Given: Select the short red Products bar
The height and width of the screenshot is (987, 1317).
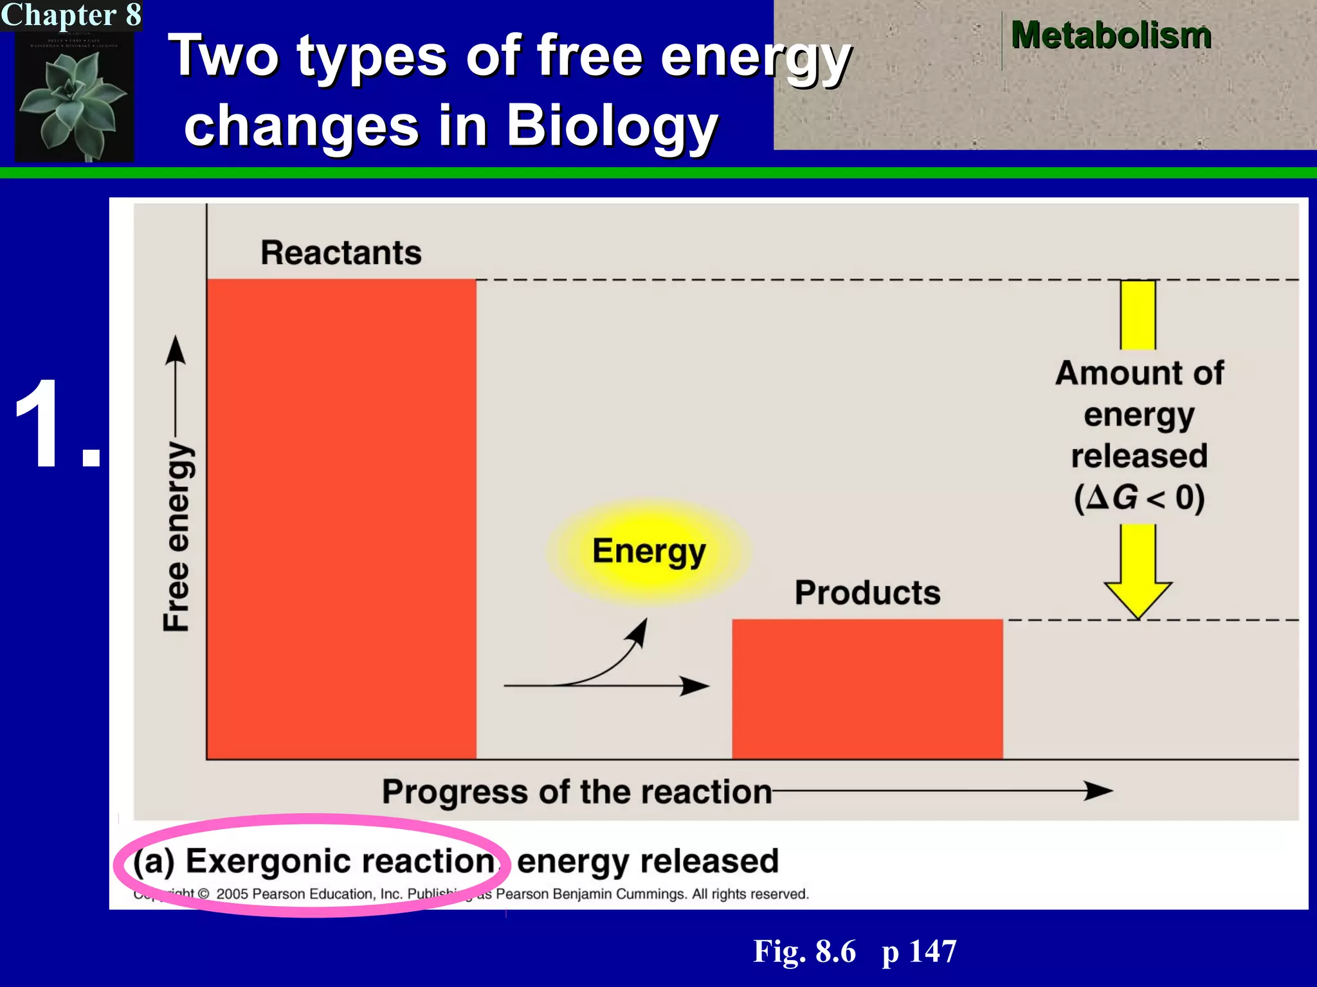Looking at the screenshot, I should tap(867, 689).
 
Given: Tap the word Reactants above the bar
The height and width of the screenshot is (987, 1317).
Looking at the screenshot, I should tap(341, 253).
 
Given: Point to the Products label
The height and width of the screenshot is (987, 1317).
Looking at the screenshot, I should tap(867, 592).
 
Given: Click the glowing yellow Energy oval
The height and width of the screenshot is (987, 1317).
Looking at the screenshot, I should tap(649, 551).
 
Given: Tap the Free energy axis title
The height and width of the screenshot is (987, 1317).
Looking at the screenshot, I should tap(176, 536).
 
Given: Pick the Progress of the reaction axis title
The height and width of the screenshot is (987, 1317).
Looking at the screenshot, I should tap(577, 792).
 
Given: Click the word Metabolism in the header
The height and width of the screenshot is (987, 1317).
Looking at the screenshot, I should tap(1111, 35).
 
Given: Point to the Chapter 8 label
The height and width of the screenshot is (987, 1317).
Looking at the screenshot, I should tap(71, 15).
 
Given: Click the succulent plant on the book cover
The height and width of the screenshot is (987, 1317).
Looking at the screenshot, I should tap(74, 103).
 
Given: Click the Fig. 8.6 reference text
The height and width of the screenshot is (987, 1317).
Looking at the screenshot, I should tap(804, 951).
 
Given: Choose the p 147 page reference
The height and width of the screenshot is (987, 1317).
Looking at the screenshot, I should tap(919, 951).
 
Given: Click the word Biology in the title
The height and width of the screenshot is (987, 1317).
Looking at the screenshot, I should tap(611, 125).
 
